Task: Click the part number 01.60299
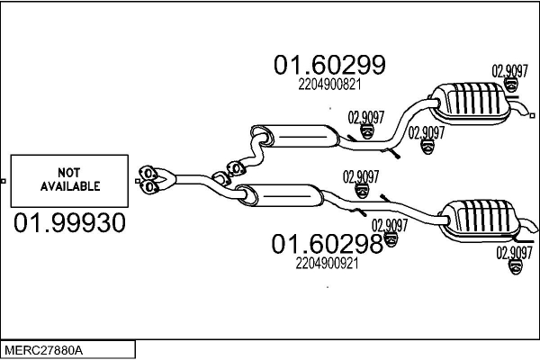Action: pyautogui.click(x=329, y=65)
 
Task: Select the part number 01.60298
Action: pyautogui.click(x=328, y=244)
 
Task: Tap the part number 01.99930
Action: pyautogui.click(x=69, y=222)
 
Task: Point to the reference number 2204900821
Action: pyautogui.click(x=329, y=85)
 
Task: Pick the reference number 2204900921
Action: pyautogui.click(x=328, y=264)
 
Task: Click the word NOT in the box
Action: pyautogui.click(x=69, y=172)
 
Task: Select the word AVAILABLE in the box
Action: pyautogui.click(x=70, y=186)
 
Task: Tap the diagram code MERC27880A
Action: pyautogui.click(x=43, y=351)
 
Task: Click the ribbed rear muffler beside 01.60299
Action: pyautogui.click(x=470, y=103)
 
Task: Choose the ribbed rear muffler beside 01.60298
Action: pyautogui.click(x=478, y=220)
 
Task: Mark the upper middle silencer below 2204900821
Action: pyautogui.click(x=295, y=137)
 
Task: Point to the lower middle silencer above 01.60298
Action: pyautogui.click(x=280, y=195)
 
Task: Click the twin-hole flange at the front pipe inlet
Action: pyautogui.click(x=149, y=179)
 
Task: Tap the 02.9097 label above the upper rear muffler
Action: pyautogui.click(x=509, y=71)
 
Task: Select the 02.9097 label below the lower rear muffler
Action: pyautogui.click(x=515, y=253)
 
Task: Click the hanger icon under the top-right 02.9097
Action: pyautogui.click(x=511, y=85)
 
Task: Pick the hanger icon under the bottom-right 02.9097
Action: pyautogui.click(x=516, y=267)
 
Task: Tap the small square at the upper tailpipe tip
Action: pyautogui.click(x=532, y=116)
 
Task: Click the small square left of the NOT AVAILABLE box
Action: pyautogui.click(x=3, y=181)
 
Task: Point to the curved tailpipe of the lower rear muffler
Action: pyautogui.click(x=527, y=226)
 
